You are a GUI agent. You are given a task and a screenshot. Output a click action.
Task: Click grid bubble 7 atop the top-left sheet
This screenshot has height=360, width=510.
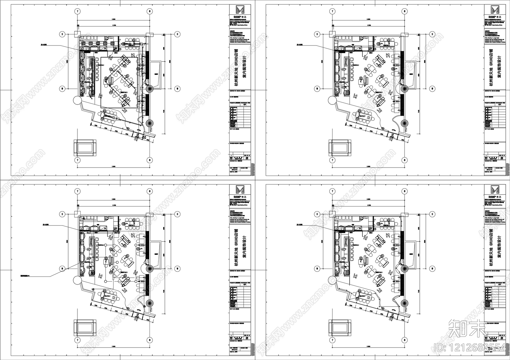(x=77, y=11)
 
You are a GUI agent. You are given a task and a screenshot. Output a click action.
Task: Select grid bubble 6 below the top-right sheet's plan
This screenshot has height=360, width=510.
(x=404, y=160)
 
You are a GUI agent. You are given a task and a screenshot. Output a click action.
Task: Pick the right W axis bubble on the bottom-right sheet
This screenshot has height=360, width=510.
(x=432, y=268)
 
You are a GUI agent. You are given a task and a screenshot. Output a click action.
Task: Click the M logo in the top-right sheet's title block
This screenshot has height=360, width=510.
(x=495, y=10)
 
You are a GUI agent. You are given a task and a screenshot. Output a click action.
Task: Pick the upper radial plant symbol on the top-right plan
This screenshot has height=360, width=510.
(x=404, y=89)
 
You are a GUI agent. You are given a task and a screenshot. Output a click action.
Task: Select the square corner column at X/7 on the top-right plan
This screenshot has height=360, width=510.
(x=332, y=34)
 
